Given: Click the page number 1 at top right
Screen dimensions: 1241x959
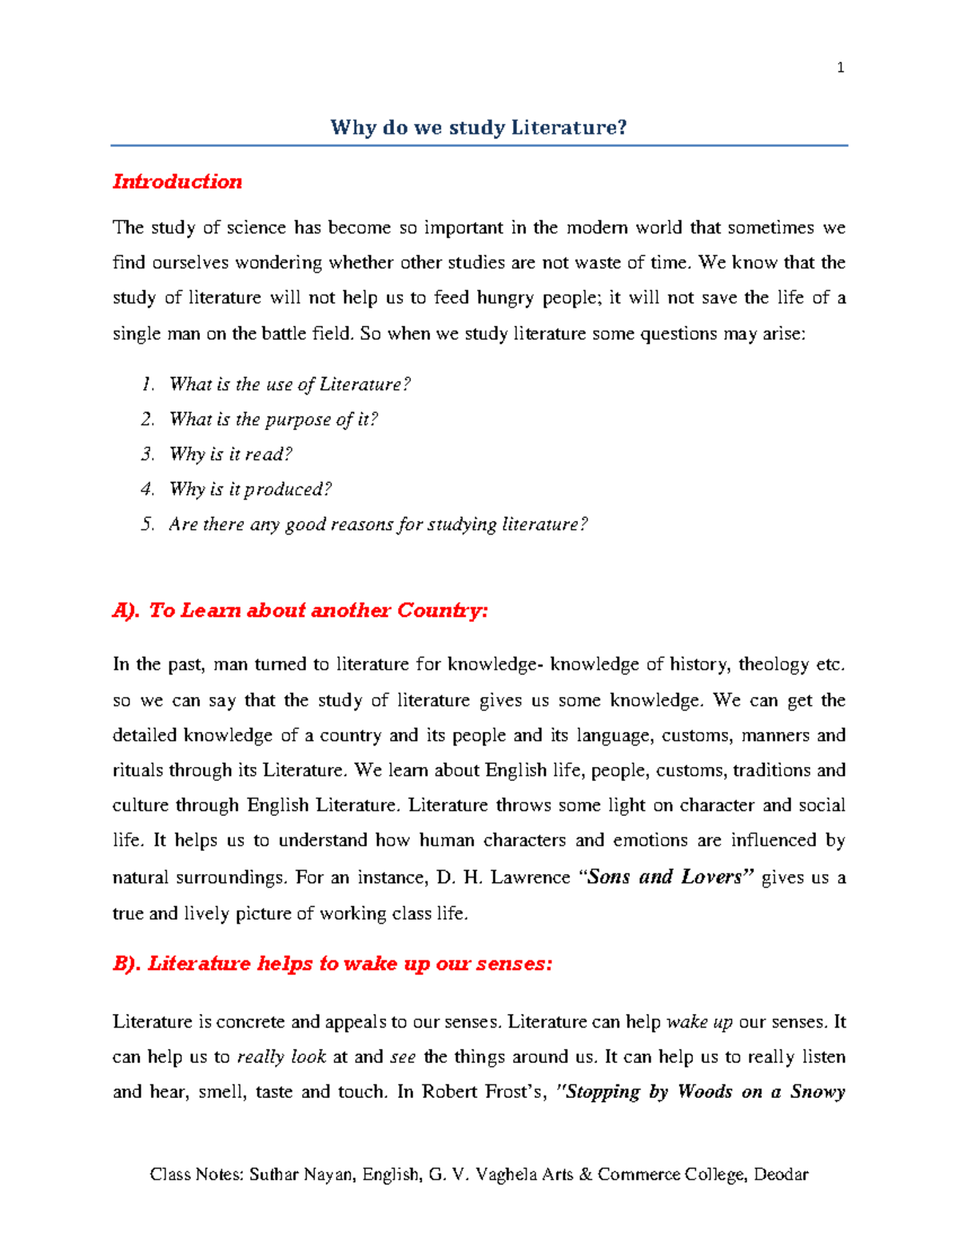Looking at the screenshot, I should click(840, 68).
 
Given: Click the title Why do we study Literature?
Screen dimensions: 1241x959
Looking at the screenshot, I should click(479, 127).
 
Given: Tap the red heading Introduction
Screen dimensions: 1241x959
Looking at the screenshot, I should click(177, 181).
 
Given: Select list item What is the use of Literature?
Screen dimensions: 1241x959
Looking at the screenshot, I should click(289, 384).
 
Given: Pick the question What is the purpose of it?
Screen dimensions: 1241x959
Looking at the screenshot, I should click(273, 420).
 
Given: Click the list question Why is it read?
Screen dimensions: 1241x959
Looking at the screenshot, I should click(230, 455).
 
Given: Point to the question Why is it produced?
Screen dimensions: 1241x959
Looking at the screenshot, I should click(250, 489).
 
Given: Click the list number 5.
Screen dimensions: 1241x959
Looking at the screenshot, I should click(148, 524).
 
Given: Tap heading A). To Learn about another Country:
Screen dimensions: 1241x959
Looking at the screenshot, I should click(300, 611).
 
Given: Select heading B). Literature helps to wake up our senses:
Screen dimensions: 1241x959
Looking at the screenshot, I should click(332, 964).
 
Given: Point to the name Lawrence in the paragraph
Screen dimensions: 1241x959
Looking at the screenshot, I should click(530, 877).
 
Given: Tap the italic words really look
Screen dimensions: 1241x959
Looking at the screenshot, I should click(281, 1057).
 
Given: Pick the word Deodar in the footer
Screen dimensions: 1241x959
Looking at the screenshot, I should click(781, 1175).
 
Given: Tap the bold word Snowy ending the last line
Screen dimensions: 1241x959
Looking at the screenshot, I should click(818, 1092).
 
